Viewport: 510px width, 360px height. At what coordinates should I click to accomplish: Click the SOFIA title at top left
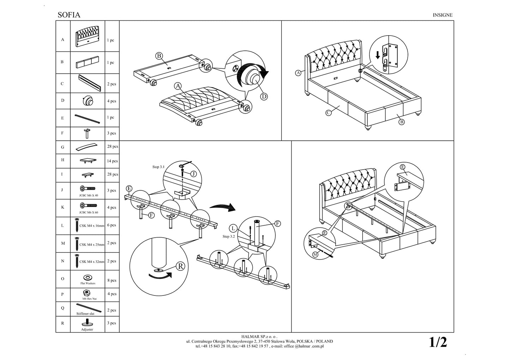coord(69,15)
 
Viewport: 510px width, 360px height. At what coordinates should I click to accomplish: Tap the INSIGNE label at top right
coord(442,15)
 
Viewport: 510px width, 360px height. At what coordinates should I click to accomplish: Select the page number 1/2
coord(438,342)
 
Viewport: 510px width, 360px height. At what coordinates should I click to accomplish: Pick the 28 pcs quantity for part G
coord(113,146)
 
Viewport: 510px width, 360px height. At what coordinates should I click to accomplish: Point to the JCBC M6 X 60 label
coord(89,213)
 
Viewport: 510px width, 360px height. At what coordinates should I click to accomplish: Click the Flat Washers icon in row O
coord(87,277)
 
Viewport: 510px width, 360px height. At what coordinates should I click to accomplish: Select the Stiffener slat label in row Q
coord(85,313)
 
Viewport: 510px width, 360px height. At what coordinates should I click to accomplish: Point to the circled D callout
coord(264,97)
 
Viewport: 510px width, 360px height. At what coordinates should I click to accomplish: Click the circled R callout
coord(180,266)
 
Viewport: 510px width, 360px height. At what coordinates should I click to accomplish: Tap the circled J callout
coord(193,174)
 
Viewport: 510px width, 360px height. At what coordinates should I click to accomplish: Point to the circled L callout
coord(233,228)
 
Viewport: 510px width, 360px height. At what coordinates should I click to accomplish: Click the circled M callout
coord(315,254)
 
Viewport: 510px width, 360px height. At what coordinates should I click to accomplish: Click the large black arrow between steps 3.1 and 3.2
coord(222,207)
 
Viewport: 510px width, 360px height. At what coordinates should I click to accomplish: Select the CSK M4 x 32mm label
coord(92,262)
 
